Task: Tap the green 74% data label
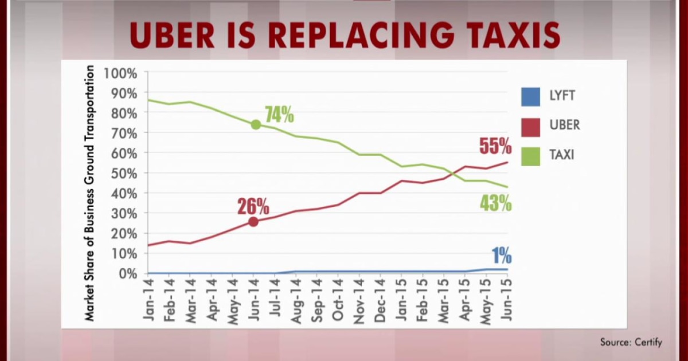[x=279, y=115]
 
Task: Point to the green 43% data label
[x=495, y=203]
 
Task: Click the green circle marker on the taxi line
[x=256, y=125]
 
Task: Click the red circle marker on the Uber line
[x=253, y=222]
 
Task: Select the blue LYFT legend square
[x=530, y=96]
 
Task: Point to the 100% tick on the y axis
[x=120, y=73]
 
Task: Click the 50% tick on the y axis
[x=123, y=173]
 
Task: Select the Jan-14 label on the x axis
[x=148, y=298]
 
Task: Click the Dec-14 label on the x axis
[x=380, y=298]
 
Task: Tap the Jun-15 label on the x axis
[x=507, y=298]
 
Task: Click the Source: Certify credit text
[x=631, y=343]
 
